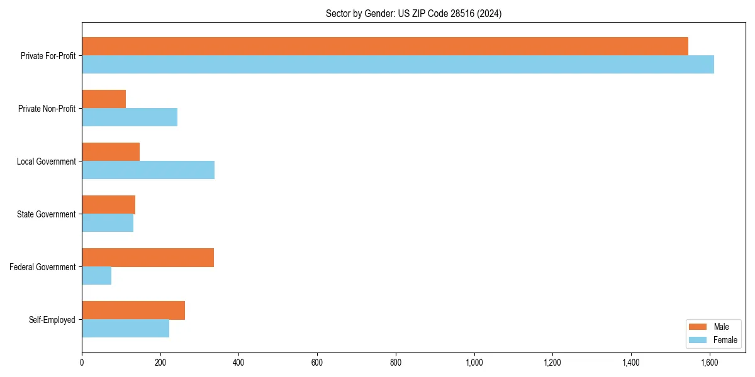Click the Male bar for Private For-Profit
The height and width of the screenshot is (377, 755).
(385, 46)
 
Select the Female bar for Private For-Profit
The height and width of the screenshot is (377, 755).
(398, 65)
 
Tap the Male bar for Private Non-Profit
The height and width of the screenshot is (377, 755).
(104, 99)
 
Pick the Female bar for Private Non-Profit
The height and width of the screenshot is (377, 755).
(130, 117)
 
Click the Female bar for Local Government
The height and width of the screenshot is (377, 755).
(148, 170)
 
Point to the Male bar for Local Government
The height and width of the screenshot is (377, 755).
(111, 152)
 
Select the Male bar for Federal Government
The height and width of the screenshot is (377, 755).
(148, 258)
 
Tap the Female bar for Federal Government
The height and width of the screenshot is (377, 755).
(97, 276)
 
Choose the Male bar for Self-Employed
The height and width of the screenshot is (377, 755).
(133, 310)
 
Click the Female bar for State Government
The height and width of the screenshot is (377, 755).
(108, 223)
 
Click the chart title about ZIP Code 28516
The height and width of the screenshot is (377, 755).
(413, 13)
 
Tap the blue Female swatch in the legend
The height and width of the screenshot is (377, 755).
(698, 340)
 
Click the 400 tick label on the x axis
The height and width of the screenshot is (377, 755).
(238, 362)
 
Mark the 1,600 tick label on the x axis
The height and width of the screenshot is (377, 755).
(709, 362)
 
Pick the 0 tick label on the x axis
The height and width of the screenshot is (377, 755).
(82, 362)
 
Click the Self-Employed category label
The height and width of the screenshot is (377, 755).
(52, 320)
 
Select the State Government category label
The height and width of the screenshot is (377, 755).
(47, 214)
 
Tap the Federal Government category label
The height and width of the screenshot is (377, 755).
(43, 267)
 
